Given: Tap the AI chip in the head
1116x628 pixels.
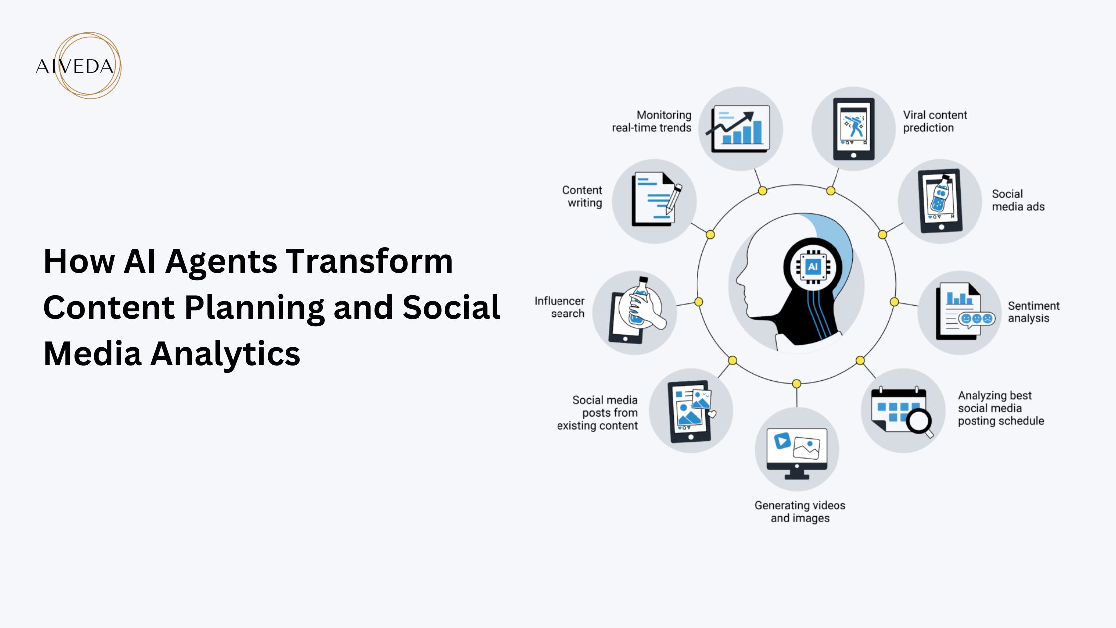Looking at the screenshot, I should click(x=813, y=267).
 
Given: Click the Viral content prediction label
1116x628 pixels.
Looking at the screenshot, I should click(x=935, y=121).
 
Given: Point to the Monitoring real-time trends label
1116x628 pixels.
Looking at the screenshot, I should click(x=652, y=121).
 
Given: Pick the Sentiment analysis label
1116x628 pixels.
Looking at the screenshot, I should click(x=1033, y=312).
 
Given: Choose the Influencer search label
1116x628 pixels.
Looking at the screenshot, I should click(x=559, y=307).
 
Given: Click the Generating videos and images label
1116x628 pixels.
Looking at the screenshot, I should click(x=800, y=512).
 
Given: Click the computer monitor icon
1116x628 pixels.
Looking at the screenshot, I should click(x=797, y=451).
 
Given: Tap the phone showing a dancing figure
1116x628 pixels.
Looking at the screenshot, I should click(x=854, y=129).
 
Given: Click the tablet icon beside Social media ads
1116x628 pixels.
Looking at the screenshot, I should click(x=940, y=201).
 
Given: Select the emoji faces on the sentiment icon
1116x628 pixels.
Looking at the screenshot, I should click(x=976, y=319).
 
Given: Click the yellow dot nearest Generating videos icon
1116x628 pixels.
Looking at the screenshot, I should click(x=797, y=384).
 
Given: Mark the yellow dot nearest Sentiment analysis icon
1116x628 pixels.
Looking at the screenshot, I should click(x=894, y=302).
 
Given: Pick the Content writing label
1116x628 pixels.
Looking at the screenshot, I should click(x=582, y=196).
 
